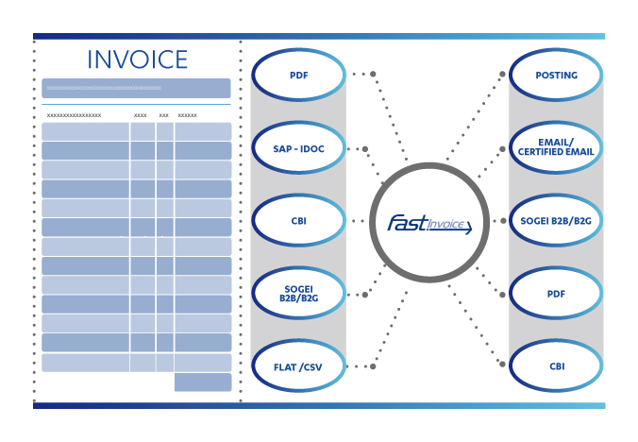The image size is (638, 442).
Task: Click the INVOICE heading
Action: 138,59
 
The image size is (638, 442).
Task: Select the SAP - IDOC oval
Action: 298,147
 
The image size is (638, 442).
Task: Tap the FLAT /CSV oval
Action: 298,365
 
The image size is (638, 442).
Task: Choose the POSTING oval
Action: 556,75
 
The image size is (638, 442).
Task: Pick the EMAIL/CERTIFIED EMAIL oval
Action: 556,147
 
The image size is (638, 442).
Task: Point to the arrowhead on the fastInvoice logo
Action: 468,228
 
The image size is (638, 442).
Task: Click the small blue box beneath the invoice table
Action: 203,382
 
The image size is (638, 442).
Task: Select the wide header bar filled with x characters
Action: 136,89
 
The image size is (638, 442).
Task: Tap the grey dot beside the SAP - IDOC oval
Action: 365,149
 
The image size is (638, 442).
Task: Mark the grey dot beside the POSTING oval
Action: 502,74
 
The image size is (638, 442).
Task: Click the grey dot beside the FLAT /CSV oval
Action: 373,366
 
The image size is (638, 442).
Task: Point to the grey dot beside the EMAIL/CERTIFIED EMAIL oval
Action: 502,149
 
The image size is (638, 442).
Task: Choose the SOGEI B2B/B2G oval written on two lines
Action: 298,293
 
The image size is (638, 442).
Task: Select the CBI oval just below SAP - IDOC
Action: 298,220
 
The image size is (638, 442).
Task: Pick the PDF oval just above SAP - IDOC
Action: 298,75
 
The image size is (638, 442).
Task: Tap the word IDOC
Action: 312,149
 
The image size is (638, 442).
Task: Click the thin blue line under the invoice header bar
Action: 136,105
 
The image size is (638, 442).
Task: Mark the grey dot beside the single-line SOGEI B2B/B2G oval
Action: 503,221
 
